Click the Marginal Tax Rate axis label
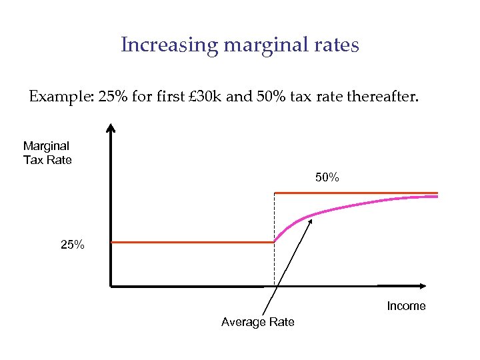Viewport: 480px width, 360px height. point(47,153)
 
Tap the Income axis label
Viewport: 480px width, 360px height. point(406,306)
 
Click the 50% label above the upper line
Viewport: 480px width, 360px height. point(327,178)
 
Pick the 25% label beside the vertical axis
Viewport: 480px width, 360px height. point(73,245)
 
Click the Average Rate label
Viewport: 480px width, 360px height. point(257,322)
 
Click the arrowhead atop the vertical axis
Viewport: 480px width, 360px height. point(111,129)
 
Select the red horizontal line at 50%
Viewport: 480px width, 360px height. point(356,193)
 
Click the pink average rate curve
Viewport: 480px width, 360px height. point(373,201)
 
